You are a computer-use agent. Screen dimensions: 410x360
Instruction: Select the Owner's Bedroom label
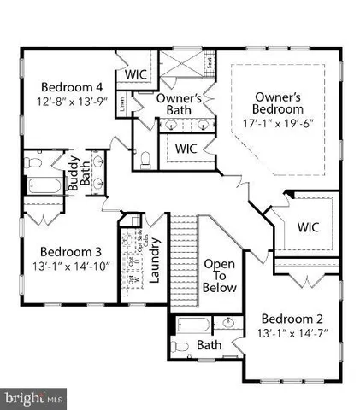(x=278, y=102)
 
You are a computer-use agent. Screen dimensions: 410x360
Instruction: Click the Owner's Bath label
(x=179, y=103)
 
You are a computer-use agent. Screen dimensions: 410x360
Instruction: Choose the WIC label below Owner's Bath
(x=187, y=148)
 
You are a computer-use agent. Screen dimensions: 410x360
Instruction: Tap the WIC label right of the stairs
(x=308, y=227)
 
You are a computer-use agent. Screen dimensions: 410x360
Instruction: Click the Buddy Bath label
(x=78, y=173)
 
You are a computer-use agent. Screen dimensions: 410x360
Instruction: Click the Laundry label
(x=156, y=265)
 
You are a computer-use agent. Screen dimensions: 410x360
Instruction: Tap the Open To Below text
(x=219, y=276)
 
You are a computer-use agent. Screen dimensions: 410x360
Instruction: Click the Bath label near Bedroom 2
(x=210, y=345)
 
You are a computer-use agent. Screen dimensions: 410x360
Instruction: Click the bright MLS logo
(x=33, y=398)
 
